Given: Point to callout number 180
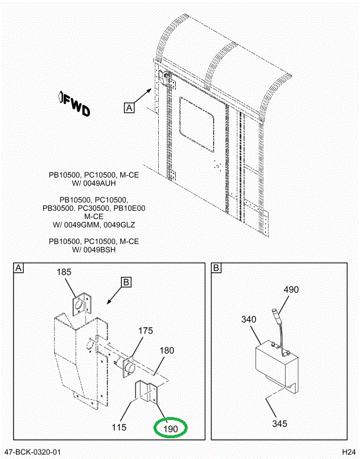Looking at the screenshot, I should [x=167, y=350].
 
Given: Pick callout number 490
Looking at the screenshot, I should [x=291, y=289].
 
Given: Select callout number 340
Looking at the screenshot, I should [x=249, y=320].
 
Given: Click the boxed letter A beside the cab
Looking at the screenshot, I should [x=129, y=107].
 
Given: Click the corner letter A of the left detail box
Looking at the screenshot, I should [x=18, y=269].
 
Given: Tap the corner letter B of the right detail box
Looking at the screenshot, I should [x=216, y=269].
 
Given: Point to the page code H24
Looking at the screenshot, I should [x=347, y=452].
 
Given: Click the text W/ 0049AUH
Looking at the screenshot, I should [x=94, y=184].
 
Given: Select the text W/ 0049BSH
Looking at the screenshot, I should [x=94, y=250].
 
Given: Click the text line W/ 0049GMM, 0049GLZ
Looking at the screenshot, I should [x=94, y=224].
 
